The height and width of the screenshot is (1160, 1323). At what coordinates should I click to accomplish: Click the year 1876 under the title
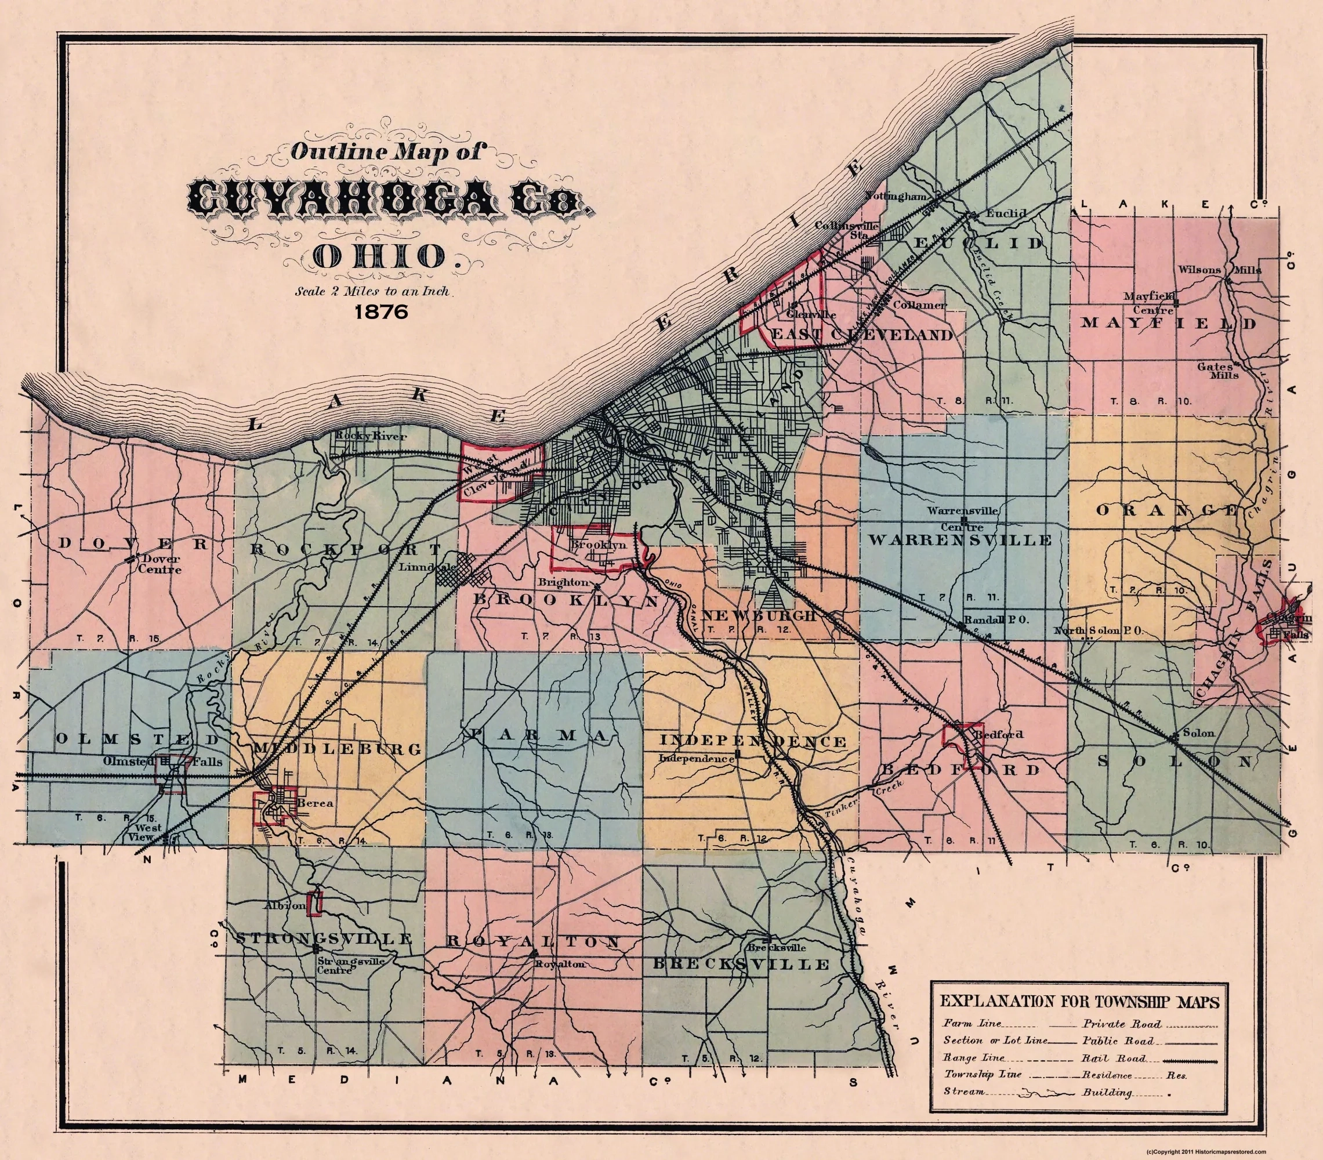(381, 311)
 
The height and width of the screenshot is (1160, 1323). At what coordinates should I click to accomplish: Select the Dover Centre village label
(161, 564)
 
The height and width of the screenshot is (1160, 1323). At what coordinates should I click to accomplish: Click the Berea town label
(315, 803)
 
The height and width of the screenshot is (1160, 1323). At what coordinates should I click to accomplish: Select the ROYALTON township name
(534, 941)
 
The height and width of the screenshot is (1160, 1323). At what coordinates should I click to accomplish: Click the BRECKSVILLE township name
(741, 965)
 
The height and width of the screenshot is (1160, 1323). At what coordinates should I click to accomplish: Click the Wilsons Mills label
(1219, 269)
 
